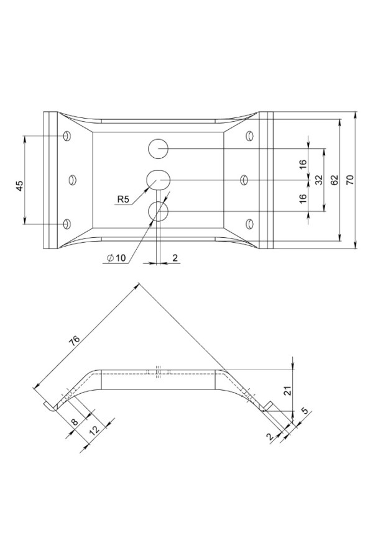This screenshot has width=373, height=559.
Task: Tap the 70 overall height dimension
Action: tap(350, 180)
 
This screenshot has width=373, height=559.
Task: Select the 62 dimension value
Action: tap(334, 180)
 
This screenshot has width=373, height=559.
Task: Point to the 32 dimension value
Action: tap(319, 180)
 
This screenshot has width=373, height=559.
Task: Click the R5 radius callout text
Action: tap(123, 199)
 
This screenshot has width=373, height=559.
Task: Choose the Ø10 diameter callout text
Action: tap(116, 258)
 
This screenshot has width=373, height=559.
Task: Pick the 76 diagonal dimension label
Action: tap(75, 341)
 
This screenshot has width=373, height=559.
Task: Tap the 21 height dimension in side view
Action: tap(288, 391)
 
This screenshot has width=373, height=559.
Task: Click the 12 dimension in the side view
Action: tap(94, 430)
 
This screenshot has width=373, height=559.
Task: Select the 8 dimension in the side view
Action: tap(74, 422)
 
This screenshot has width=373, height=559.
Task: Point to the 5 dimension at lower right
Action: tap(305, 411)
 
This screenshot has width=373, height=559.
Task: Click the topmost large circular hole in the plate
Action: tap(159, 149)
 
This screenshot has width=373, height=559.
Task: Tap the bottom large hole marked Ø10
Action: tap(159, 211)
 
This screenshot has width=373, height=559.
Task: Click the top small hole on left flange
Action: tap(67, 136)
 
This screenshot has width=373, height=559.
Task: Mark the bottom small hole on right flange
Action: tap(250, 224)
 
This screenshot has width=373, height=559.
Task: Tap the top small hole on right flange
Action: tap(250, 136)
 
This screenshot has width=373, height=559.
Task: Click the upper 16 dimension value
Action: tap(303, 164)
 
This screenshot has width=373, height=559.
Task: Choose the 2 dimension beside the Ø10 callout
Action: tap(175, 258)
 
